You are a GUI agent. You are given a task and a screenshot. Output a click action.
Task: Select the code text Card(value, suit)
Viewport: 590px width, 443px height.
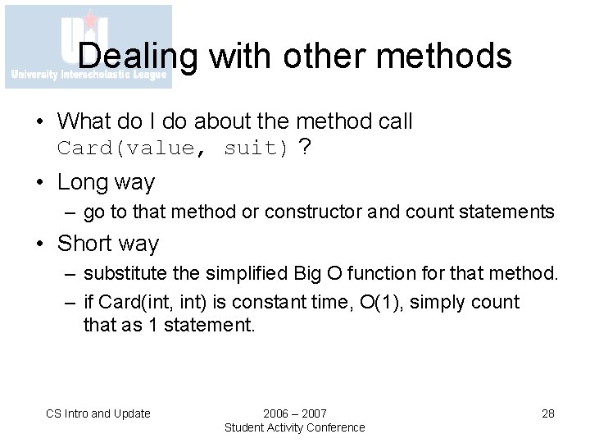click(x=173, y=148)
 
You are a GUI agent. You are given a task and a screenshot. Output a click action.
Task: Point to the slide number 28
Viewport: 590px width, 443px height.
click(x=548, y=413)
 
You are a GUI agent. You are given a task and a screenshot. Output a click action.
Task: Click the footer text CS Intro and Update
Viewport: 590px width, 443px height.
click(x=98, y=413)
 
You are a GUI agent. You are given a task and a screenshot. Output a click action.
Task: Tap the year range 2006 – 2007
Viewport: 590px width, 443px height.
click(x=294, y=413)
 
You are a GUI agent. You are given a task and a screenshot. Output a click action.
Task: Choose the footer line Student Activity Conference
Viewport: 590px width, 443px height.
click(x=294, y=427)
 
